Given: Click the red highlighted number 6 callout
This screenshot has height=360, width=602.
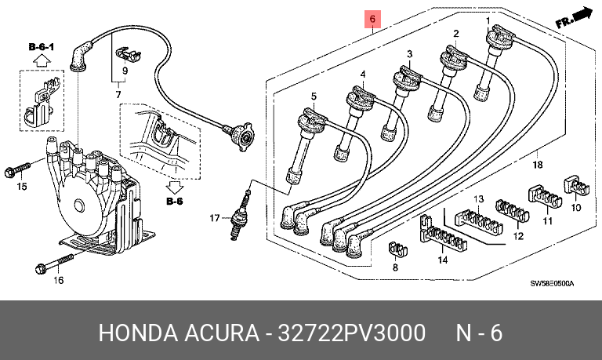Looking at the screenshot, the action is pyautogui.click(x=372, y=19).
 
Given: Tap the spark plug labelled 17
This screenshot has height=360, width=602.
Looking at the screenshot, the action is pyautogui.click(x=241, y=214).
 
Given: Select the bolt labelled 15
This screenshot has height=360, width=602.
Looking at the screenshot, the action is pyautogui.click(x=17, y=170).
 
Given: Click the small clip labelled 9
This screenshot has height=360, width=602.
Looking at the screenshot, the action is pyautogui.click(x=128, y=54).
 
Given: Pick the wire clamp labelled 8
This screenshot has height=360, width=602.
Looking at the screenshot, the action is pyautogui.click(x=397, y=249).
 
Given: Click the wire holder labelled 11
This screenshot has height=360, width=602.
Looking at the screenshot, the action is pyautogui.click(x=546, y=196).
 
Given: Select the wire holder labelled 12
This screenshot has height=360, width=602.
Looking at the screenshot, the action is pyautogui.click(x=513, y=210).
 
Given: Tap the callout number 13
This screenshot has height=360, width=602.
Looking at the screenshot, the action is pyautogui.click(x=479, y=199).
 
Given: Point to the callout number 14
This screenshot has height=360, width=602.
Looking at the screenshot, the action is pyautogui.click(x=443, y=260).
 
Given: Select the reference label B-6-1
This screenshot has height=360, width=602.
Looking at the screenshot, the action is pyautogui.click(x=42, y=47).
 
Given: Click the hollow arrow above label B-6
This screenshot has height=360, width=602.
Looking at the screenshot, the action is pyautogui.click(x=175, y=187).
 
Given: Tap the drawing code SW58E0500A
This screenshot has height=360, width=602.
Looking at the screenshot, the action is pyautogui.click(x=552, y=284).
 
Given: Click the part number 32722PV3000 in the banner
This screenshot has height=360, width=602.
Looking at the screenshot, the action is pyautogui.click(x=351, y=333).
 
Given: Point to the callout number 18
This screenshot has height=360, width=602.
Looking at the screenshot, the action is pyautogui.click(x=538, y=165).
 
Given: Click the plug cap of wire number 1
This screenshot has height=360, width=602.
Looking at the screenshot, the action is pyautogui.click(x=499, y=36).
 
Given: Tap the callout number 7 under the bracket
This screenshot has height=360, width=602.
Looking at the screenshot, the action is pyautogui.click(x=118, y=95).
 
